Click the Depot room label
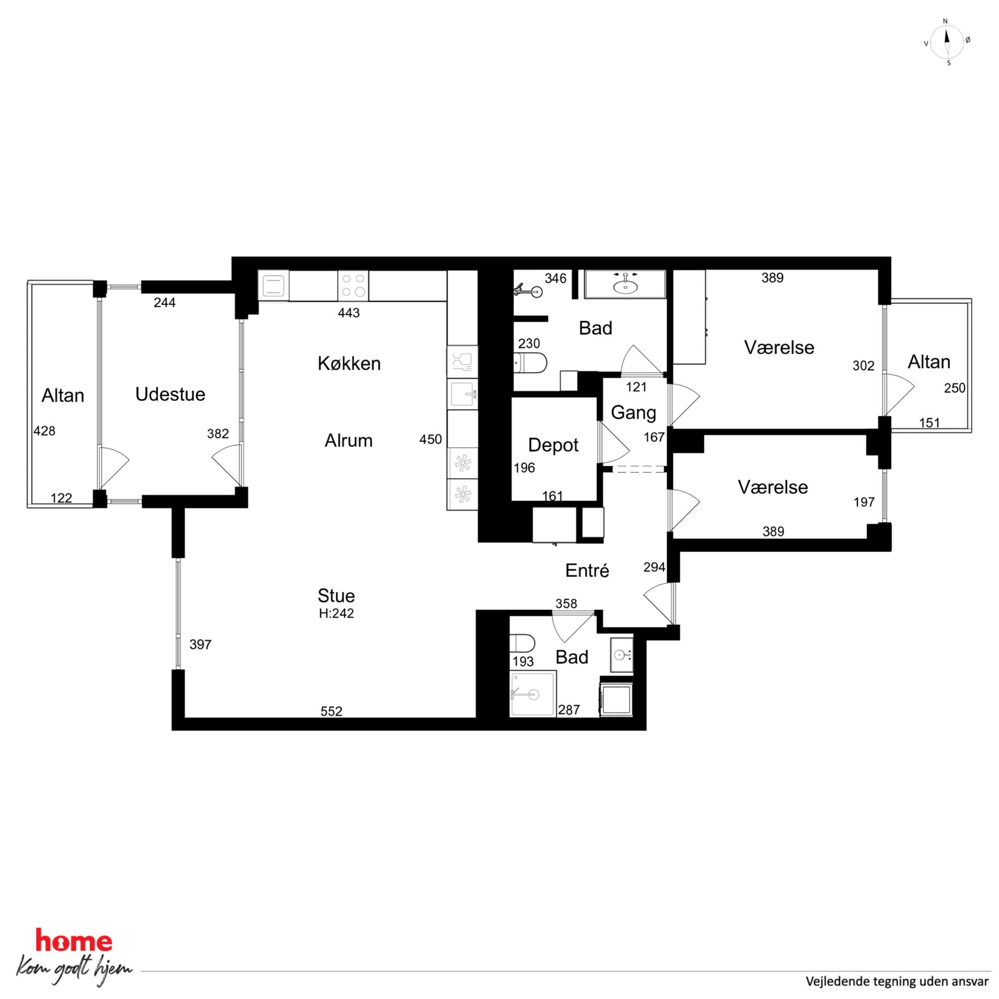[x=553, y=445]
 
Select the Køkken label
[x=349, y=364]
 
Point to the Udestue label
[x=170, y=395]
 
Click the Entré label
[x=587, y=571]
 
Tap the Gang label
[x=633, y=412]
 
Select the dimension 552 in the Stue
[x=331, y=711]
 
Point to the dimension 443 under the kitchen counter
[x=348, y=313]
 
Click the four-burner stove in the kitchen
[x=353, y=286]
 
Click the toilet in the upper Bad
[x=530, y=363]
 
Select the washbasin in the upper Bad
[x=625, y=284]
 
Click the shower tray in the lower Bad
[x=533, y=693]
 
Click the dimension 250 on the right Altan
[x=955, y=388]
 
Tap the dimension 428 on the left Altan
[x=44, y=431]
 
